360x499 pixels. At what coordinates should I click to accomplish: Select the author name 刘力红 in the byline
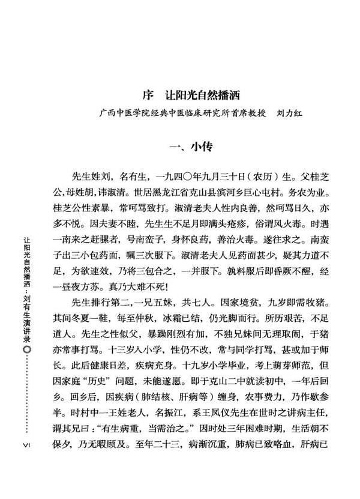point(288,112)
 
